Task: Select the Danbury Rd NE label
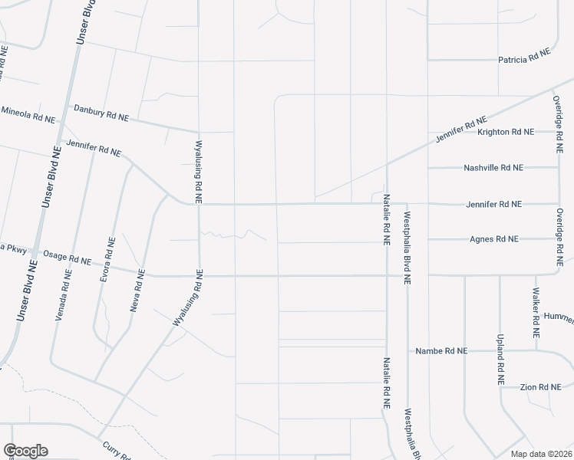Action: pos(101,113)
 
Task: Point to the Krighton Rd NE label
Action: pos(505,132)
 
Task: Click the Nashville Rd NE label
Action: pos(493,168)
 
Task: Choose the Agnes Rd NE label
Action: pos(494,239)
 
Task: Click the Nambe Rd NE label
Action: pos(441,351)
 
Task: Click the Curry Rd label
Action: pos(116,449)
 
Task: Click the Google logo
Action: pos(25,450)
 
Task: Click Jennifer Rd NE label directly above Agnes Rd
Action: pos(493,205)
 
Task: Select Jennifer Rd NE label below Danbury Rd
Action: pos(94,147)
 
